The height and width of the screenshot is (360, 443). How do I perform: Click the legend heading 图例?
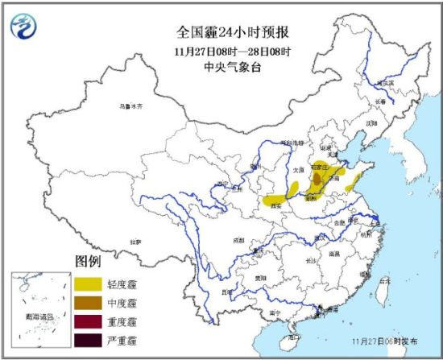coord(88,263)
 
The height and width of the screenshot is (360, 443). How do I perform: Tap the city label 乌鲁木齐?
coord(130,107)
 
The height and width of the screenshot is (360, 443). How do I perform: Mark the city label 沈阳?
coord(371,124)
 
